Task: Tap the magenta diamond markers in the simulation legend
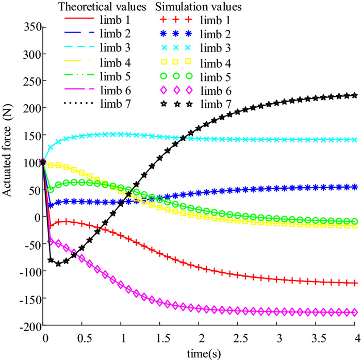click(176, 91)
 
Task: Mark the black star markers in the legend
click(176, 105)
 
